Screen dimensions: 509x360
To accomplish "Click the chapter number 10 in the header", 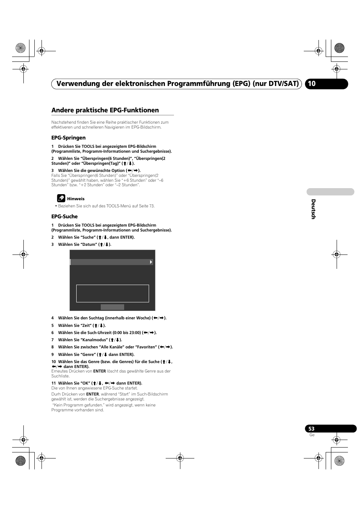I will click(312, 84).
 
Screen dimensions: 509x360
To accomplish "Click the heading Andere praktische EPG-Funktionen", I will click(105, 110).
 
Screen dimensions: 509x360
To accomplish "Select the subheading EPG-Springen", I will click(68, 138).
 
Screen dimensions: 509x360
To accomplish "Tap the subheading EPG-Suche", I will click(65, 216).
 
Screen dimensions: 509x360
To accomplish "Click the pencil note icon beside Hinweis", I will click(61, 198).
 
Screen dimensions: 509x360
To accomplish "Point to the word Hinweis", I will click(76, 199).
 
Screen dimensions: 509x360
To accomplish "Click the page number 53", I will click(311, 429).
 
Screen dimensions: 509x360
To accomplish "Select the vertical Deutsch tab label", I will click(313, 209).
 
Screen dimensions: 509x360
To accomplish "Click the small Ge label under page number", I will click(312, 435).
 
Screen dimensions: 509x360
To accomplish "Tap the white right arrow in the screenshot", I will click(151, 262).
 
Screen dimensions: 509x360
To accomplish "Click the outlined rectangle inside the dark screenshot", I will click(112, 293).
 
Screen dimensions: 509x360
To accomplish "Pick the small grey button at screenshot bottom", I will click(112, 307).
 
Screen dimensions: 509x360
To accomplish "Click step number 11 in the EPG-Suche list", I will click(54, 383).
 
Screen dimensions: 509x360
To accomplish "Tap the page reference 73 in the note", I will click(151, 206).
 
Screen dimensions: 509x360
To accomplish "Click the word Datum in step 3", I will click(89, 244).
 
